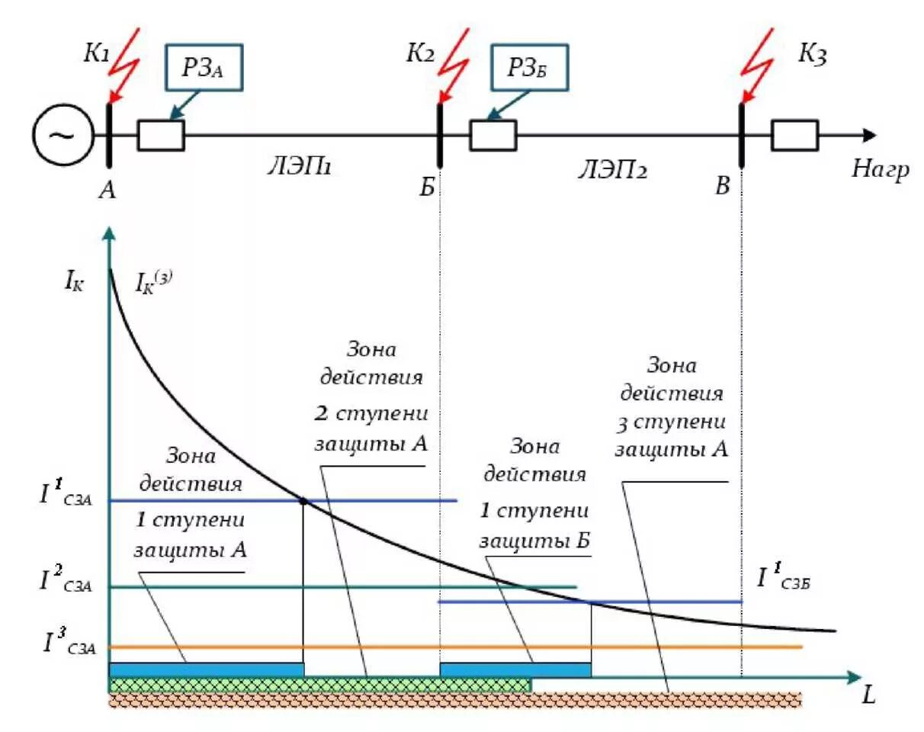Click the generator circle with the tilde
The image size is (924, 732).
tap(62, 136)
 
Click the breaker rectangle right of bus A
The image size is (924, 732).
tap(160, 135)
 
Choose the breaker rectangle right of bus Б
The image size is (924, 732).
tap(492, 135)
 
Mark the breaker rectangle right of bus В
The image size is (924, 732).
tap(794, 135)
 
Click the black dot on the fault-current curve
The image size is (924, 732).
tap(303, 501)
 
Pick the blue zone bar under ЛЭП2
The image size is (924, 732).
tap(515, 669)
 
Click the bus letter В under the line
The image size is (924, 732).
tap(723, 185)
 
